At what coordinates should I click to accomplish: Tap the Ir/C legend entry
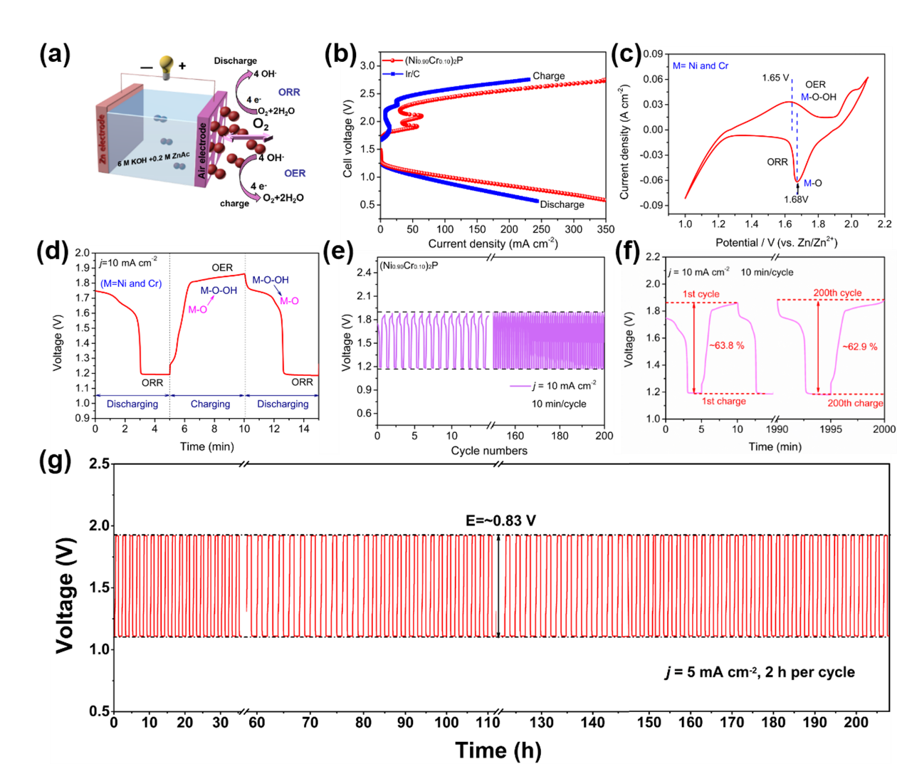pos(413,74)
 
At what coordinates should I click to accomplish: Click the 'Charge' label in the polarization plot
pos(549,76)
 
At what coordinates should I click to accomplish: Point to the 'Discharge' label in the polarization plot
pos(562,204)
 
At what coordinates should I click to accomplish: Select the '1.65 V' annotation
pos(775,78)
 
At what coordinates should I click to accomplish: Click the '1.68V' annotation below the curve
pos(797,199)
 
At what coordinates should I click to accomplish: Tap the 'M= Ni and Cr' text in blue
pos(701,66)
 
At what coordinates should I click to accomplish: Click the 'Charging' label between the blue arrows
pos(210,404)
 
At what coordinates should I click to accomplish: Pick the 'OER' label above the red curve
pos(222,268)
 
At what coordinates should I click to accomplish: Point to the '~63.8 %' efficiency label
pos(726,345)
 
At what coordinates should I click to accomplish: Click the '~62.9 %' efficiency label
pos(859,347)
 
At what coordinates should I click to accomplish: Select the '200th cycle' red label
pos(837,293)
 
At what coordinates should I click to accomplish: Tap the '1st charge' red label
pos(723,401)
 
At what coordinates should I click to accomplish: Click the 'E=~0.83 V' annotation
pos(500,520)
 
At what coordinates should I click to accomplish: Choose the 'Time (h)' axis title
pos(498,750)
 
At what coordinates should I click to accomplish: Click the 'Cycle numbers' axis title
pos(489,451)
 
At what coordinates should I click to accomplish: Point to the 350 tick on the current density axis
pos(605,229)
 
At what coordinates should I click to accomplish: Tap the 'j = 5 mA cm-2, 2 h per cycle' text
pos(760,672)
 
